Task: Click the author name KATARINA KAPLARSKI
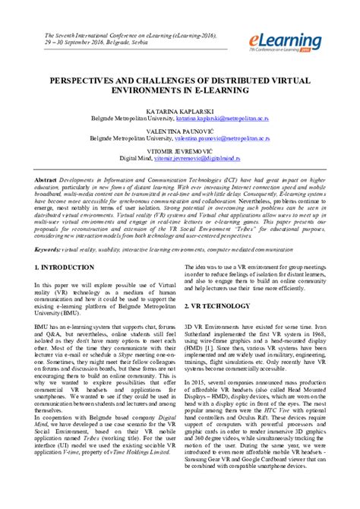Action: (x=179, y=111)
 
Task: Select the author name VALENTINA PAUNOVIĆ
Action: (x=179, y=131)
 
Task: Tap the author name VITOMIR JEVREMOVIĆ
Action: (x=179, y=150)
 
